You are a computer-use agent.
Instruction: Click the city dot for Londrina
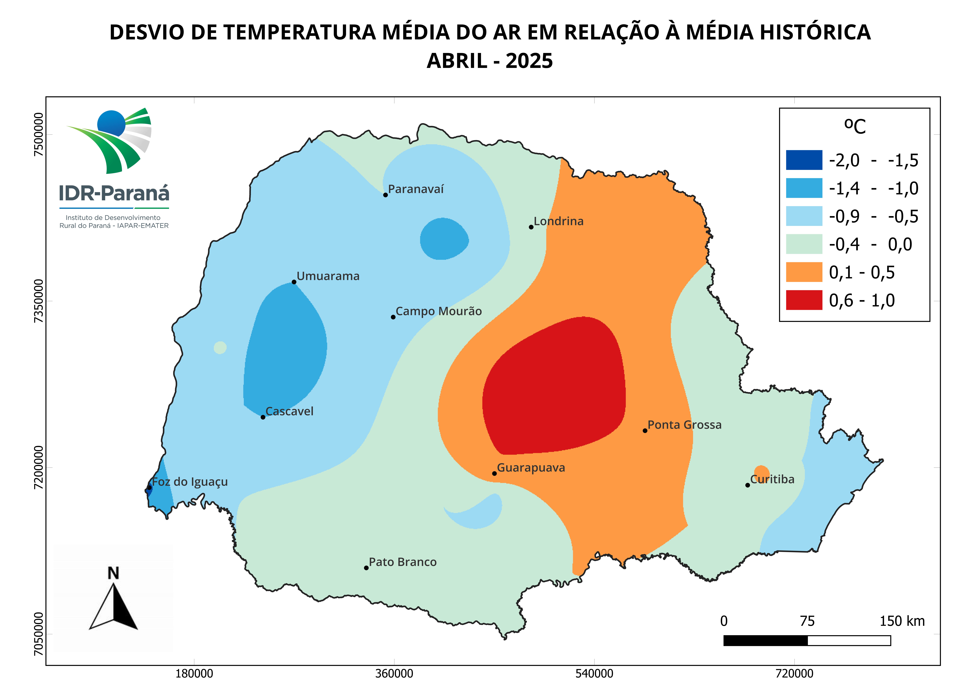pos(531,227)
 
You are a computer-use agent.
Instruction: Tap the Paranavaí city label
pos(416,189)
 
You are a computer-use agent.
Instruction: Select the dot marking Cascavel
pos(263,417)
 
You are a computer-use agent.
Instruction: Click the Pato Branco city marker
pos(366,568)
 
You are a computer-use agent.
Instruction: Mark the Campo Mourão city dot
pos(393,317)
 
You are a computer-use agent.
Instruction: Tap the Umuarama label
pos(328,276)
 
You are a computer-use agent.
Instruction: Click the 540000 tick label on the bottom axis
pos(594,674)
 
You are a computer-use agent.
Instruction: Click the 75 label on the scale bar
pos(807,621)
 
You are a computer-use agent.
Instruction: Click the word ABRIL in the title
pos(457,61)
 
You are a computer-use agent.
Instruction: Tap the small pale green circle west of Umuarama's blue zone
pos(220,347)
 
